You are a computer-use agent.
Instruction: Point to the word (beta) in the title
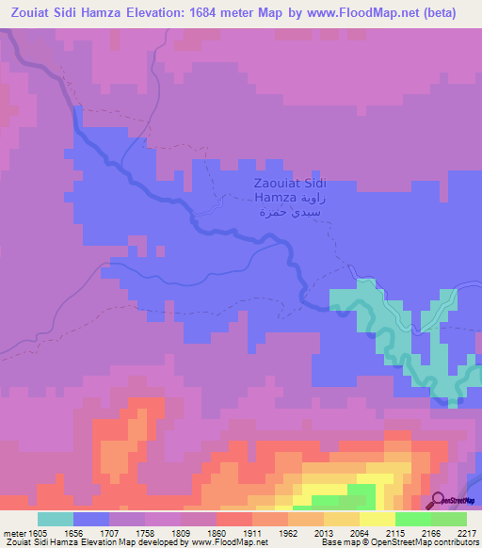click(x=439, y=13)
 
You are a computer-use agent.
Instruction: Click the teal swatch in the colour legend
click(x=56, y=519)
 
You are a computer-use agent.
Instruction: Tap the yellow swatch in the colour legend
click(x=377, y=519)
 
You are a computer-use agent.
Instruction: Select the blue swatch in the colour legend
click(x=91, y=519)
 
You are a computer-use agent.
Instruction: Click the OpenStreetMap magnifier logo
click(x=439, y=499)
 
